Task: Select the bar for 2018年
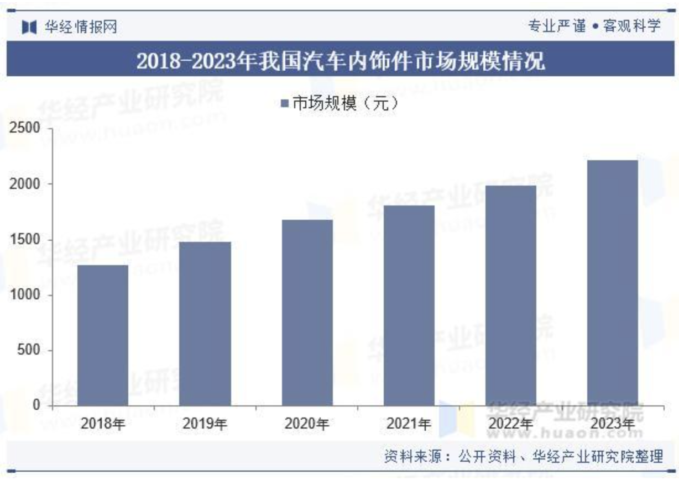tap(103, 335)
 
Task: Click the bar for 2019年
tap(205, 324)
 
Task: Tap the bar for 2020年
tap(307, 313)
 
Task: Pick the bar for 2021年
tap(409, 305)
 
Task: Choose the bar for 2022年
tap(510, 295)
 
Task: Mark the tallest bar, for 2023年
tap(612, 283)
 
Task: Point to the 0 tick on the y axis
tap(36, 405)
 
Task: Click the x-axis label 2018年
tap(103, 424)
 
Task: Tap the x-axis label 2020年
tap(307, 424)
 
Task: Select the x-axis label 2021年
tap(409, 424)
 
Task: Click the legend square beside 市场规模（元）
tap(285, 104)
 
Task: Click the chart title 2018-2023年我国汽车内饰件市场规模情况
tap(339, 60)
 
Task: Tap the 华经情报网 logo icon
tap(29, 27)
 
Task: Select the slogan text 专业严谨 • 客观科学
tap(594, 26)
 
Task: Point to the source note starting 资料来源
tap(523, 456)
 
